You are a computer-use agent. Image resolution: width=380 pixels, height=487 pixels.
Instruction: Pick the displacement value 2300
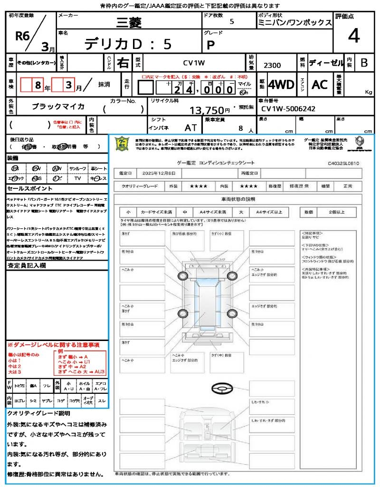[272, 65]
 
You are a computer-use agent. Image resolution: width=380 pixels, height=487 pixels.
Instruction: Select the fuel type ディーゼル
[326, 63]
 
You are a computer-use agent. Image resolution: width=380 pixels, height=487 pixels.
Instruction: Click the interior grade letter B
[364, 63]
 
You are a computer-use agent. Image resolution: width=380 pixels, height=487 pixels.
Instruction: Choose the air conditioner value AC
[320, 85]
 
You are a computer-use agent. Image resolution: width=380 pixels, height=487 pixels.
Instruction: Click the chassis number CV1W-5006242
[288, 109]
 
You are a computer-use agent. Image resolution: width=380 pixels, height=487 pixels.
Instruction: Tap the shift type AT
[190, 127]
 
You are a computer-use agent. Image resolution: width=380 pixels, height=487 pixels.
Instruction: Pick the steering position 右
[123, 63]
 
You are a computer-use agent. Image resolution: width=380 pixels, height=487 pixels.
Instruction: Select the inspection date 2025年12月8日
[162, 173]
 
